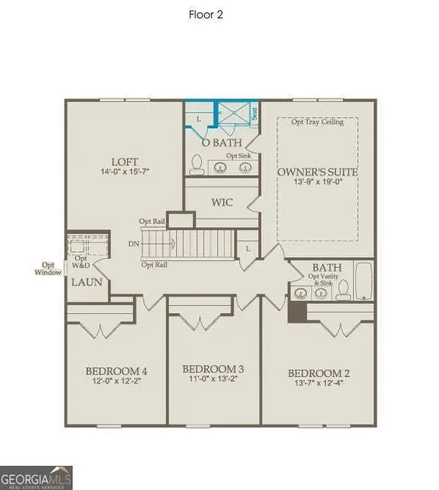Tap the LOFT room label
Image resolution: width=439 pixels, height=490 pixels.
point(124,162)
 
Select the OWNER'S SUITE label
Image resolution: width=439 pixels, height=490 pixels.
point(317,172)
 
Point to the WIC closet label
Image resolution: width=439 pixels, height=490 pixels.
point(222,202)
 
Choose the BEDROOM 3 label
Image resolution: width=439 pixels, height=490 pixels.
point(213,368)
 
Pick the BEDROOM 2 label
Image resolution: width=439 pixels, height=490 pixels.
point(318,373)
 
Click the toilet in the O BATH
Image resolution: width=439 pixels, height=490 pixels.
point(197,164)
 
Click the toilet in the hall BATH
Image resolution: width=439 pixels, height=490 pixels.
point(343,291)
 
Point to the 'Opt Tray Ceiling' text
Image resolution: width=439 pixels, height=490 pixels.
point(317,122)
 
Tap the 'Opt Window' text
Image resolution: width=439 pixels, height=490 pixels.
point(48,268)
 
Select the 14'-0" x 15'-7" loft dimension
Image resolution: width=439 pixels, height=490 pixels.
point(124,173)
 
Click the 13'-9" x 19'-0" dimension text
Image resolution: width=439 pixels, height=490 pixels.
point(317,183)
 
